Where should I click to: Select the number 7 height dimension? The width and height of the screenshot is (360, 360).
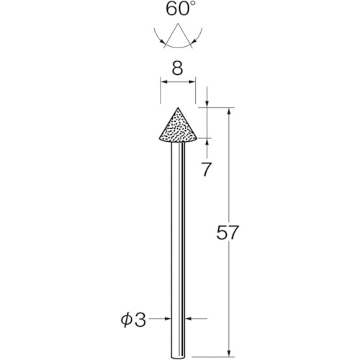(207, 170)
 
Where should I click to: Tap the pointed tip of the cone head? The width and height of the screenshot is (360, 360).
(177, 109)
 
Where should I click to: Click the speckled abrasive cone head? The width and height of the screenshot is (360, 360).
(177, 126)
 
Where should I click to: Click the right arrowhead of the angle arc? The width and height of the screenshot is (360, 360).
(199, 32)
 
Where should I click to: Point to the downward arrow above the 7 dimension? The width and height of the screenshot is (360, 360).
(207, 104)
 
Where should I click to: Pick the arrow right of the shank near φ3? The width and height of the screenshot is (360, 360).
(186, 318)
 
